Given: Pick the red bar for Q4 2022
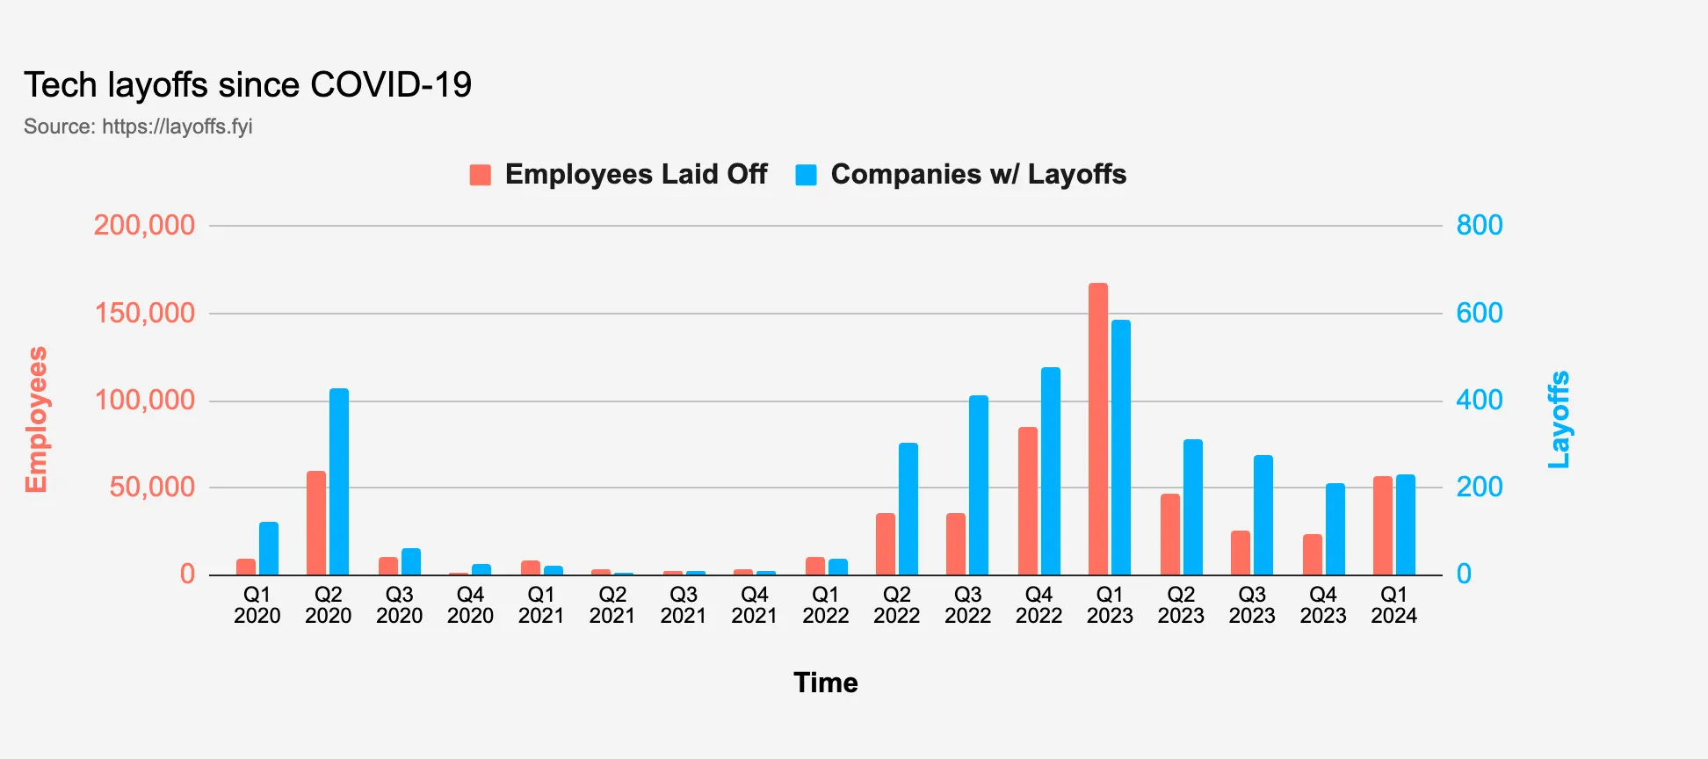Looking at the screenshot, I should click(x=1027, y=501).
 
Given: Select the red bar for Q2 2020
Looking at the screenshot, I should click(x=316, y=523).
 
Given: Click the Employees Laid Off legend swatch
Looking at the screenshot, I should click(x=481, y=175).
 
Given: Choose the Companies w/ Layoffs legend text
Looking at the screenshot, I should click(x=978, y=174).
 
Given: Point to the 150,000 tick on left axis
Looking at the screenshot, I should click(x=145, y=313).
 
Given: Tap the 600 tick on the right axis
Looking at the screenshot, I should click(x=1480, y=313).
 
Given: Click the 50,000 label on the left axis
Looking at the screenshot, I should click(x=152, y=487).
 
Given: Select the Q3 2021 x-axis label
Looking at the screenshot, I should click(x=683, y=605).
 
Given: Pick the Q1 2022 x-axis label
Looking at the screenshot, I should click(x=825, y=605).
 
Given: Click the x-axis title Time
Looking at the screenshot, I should click(x=825, y=683).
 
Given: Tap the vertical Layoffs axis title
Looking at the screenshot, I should click(x=1559, y=420).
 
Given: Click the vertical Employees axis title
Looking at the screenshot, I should click(x=36, y=420).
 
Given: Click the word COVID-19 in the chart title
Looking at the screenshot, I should click(x=391, y=85).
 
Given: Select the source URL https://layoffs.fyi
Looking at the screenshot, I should click(x=177, y=126).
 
